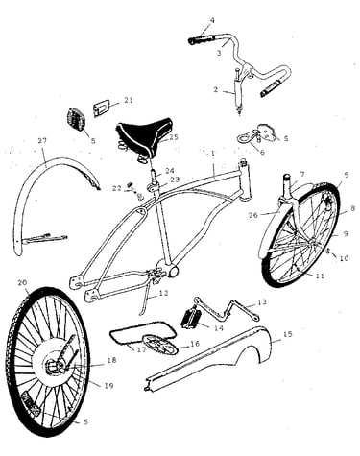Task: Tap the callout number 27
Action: (x=42, y=140)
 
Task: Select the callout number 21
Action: (x=129, y=100)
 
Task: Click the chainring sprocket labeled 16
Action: (x=160, y=345)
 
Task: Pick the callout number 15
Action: (x=288, y=334)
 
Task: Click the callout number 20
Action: (x=22, y=283)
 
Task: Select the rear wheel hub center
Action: (x=53, y=365)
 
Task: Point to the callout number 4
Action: (x=212, y=21)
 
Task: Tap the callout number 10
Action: (x=344, y=258)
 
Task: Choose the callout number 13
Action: (x=262, y=302)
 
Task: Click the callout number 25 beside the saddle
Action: (x=174, y=137)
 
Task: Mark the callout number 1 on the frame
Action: (x=212, y=154)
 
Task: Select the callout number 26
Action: (x=252, y=215)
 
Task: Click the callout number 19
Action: (x=108, y=386)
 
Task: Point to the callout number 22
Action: (x=117, y=188)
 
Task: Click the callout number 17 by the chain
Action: (x=141, y=349)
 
